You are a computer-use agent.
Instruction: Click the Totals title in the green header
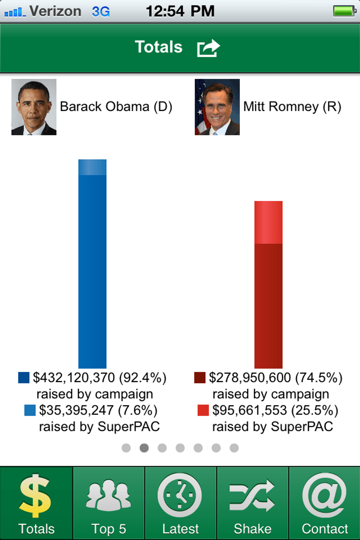coord(159,47)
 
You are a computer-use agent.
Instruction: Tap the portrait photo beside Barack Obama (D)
coord(34,107)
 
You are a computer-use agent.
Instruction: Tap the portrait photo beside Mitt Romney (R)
coord(217,107)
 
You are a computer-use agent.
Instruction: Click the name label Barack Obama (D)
coord(116,107)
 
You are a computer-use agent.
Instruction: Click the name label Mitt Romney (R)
coord(292,107)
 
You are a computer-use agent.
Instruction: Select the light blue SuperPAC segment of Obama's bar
coord(92,167)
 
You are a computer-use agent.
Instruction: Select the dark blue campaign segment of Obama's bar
coord(92,272)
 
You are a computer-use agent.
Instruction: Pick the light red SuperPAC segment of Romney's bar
coord(268,222)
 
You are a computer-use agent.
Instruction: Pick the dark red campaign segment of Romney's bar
coord(268,306)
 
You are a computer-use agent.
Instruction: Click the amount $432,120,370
coord(74,378)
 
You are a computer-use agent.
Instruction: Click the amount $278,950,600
coord(250,378)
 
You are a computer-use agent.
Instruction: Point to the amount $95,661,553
coord(249,410)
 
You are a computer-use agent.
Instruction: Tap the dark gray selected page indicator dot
coord(144,448)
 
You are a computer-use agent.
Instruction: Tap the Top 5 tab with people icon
coord(109,503)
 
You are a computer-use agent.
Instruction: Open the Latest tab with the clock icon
coord(180,503)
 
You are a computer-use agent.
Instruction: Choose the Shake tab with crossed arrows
coord(252,503)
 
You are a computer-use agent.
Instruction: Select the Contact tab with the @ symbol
coord(325,503)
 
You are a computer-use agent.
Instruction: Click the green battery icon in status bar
coord(344,11)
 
